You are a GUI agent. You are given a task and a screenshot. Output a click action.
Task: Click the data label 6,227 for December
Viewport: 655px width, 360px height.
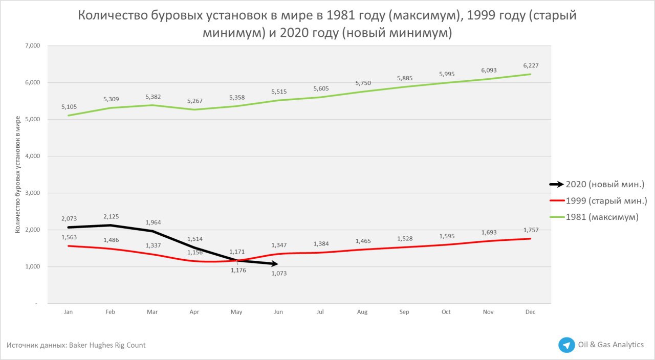click(531, 65)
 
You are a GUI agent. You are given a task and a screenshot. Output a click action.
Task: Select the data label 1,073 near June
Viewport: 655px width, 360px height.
click(279, 274)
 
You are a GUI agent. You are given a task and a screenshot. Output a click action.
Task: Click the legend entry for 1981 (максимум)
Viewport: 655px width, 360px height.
click(602, 217)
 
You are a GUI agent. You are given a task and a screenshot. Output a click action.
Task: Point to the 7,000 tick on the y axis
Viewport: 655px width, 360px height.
click(32, 46)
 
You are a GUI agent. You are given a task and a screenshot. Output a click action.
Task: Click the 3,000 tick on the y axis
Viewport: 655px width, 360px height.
click(32, 193)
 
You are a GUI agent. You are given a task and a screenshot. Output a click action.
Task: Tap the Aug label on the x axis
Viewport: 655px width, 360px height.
click(362, 312)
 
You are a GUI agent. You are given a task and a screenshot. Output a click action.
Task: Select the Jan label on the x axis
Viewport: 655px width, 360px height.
click(68, 312)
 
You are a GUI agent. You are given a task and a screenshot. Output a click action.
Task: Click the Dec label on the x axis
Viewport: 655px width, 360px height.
click(530, 312)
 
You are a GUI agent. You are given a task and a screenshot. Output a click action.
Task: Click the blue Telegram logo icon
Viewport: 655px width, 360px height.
click(566, 345)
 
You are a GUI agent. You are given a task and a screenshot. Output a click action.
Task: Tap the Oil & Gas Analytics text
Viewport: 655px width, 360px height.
click(610, 345)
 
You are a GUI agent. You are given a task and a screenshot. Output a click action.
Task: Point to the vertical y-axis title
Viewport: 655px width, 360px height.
click(18, 174)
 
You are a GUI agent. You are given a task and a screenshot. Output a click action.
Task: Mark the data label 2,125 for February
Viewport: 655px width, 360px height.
click(111, 216)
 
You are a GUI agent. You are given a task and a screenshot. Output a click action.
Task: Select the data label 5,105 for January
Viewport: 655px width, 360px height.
click(69, 107)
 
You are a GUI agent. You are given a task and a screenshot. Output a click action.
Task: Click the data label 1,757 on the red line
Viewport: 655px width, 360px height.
click(531, 230)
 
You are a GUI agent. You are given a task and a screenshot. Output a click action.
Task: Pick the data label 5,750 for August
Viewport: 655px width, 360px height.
click(363, 83)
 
